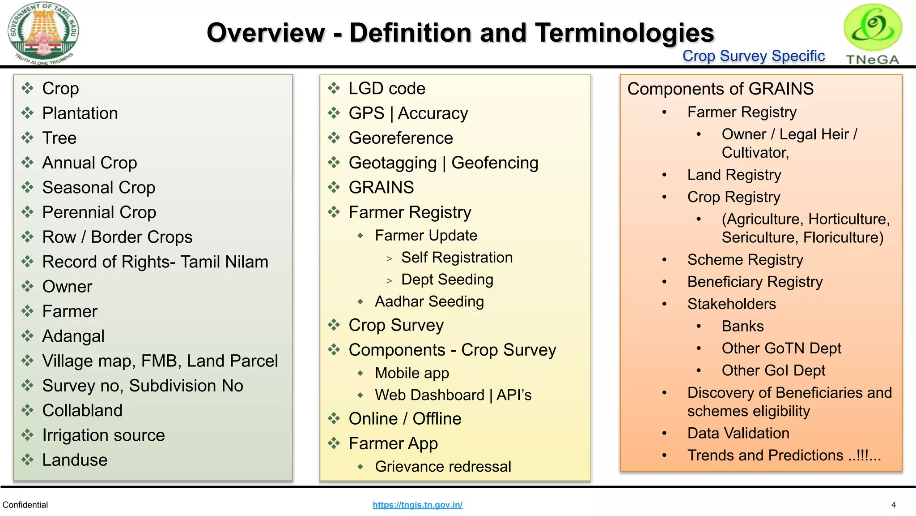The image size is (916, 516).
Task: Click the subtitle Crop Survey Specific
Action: tap(753, 56)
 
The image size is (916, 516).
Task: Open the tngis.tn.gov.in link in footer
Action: tap(417, 505)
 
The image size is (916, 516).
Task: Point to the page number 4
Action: tap(893, 505)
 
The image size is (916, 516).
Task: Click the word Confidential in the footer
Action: tap(25, 505)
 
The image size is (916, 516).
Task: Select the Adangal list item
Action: tap(73, 336)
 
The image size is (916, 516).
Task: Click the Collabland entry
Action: tap(82, 410)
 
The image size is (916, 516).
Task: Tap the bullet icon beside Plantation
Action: tap(28, 113)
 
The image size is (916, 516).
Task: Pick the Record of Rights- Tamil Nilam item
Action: tap(155, 262)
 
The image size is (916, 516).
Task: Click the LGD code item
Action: tap(387, 88)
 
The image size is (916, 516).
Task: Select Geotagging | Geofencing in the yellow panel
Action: tap(443, 163)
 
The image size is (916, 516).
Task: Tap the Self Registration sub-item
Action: tap(457, 258)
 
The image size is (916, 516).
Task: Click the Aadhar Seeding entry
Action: tap(429, 301)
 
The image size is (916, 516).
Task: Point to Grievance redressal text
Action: tap(443, 466)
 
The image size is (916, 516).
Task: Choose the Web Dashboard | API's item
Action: tap(453, 395)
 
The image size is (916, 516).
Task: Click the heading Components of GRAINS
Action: tap(720, 89)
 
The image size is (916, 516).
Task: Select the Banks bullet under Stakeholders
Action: tap(742, 326)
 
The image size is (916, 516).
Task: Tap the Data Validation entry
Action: tap(738, 433)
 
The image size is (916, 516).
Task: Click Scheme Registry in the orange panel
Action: tap(745, 260)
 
